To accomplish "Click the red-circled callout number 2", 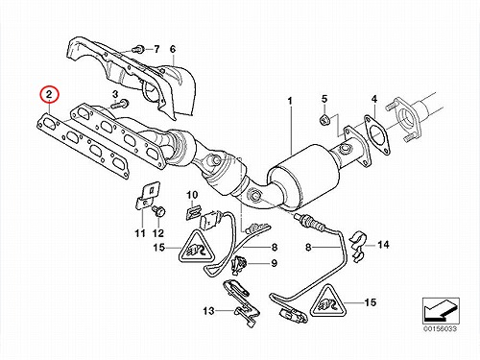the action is [x=49, y=94].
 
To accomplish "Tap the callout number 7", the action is [x=156, y=49].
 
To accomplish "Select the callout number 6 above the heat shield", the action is [x=173, y=49].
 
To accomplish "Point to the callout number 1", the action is [x=290, y=101].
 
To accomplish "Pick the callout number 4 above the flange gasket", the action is [x=374, y=99].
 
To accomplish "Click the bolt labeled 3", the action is [x=121, y=104].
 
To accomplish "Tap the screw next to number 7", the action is [x=137, y=49].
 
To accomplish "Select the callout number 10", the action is [x=192, y=195].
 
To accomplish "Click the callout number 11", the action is [x=140, y=233].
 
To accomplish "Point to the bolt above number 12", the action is [x=158, y=211].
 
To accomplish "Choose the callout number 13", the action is [x=208, y=310].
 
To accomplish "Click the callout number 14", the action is [x=383, y=245].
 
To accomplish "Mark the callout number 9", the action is [x=274, y=263].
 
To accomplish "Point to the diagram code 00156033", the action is [x=441, y=328].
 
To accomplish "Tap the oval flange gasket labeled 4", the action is [x=376, y=135].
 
